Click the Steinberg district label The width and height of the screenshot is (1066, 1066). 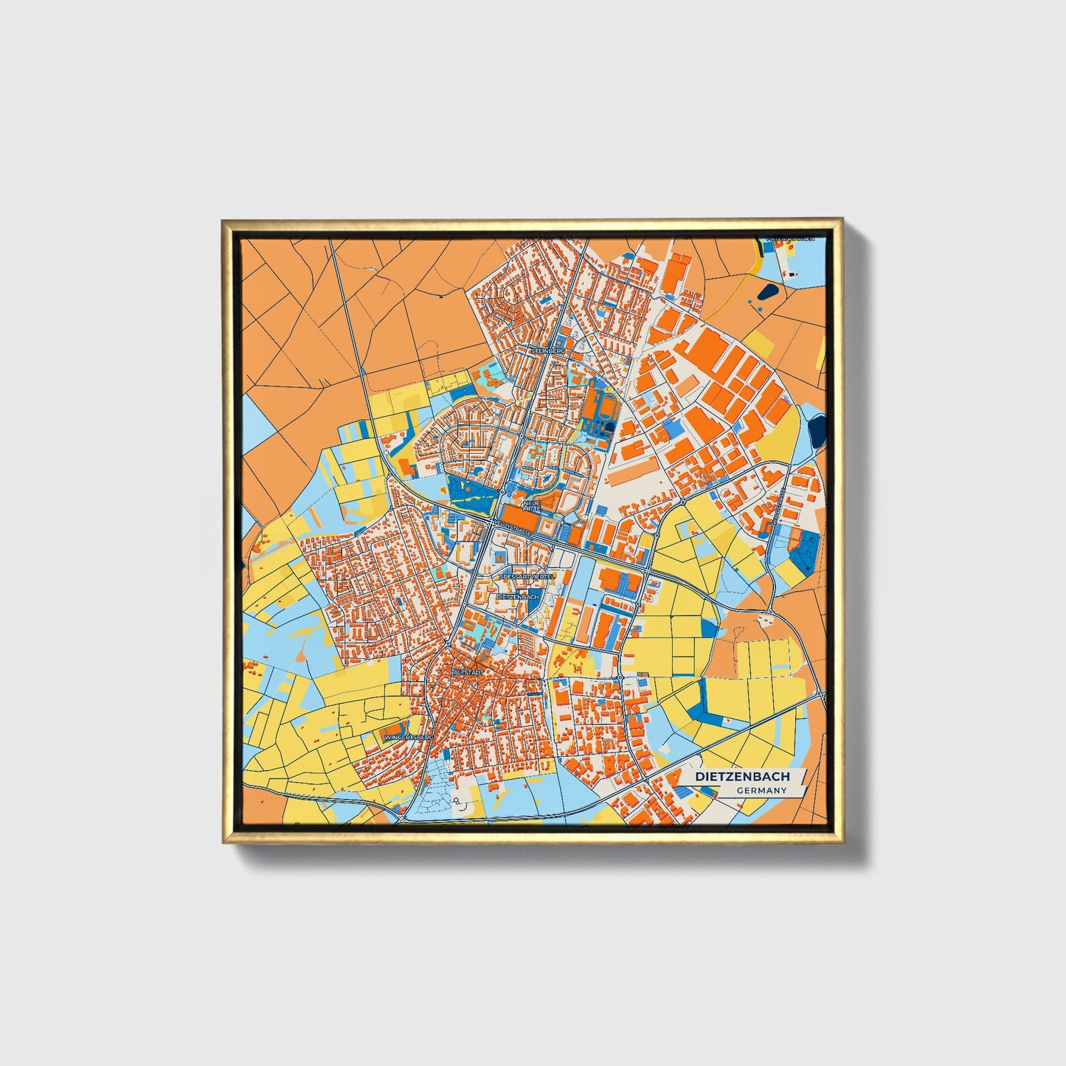(548, 352)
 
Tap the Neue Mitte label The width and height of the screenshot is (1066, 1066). (531, 505)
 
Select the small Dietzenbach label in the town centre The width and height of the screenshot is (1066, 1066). (519, 595)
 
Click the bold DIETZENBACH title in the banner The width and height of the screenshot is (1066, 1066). (742, 776)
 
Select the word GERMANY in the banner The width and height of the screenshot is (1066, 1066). (761, 791)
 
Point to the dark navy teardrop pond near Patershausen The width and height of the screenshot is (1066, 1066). (766, 292)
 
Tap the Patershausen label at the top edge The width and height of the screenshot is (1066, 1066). (790, 239)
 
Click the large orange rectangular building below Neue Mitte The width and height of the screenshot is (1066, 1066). (521, 516)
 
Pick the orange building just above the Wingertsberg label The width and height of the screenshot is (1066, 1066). (398, 727)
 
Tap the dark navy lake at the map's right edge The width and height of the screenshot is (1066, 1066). (817, 430)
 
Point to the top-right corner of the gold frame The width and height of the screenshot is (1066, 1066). (842, 219)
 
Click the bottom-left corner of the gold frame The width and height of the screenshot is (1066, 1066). (222, 842)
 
